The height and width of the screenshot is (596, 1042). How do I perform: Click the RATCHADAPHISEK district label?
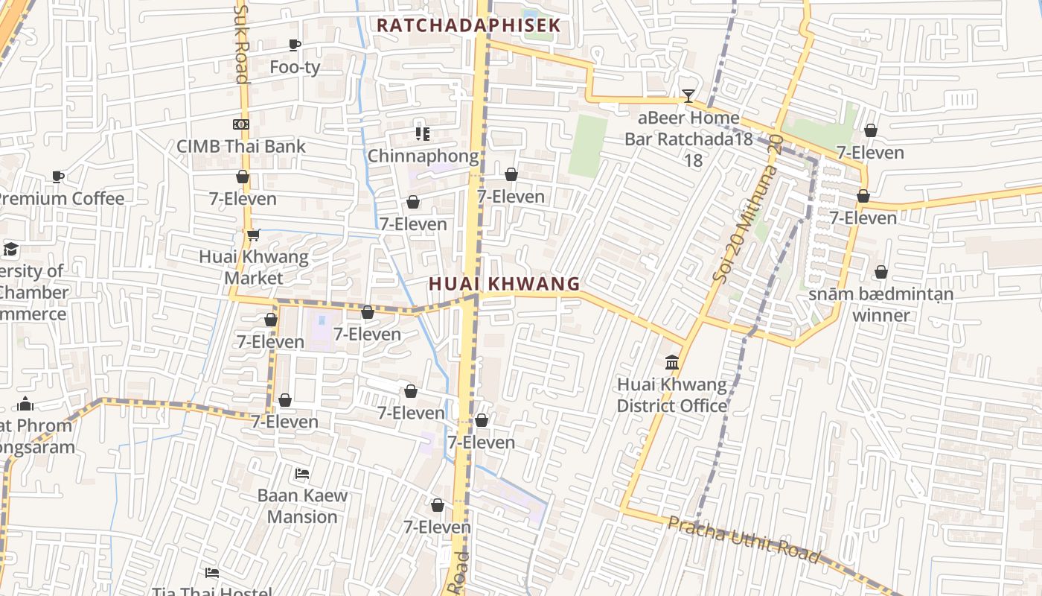(467, 25)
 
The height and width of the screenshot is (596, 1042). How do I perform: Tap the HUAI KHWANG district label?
(504, 284)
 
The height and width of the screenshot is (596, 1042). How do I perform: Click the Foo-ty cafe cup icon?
(295, 45)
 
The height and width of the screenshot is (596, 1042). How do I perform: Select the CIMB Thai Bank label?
(240, 146)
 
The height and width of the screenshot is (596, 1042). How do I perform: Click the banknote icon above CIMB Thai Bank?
(240, 124)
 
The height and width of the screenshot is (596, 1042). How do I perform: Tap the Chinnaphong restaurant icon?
(423, 134)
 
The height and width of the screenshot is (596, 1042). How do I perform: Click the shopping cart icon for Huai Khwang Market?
(253, 235)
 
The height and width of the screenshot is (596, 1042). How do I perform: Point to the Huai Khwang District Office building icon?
(672, 363)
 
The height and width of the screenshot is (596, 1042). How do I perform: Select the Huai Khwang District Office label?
(672, 396)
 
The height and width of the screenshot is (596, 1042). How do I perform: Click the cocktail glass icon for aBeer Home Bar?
(688, 96)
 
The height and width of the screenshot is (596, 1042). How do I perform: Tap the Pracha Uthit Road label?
(744, 539)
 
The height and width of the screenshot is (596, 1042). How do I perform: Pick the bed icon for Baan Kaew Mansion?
(302, 474)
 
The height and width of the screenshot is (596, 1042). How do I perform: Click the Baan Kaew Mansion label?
(302, 507)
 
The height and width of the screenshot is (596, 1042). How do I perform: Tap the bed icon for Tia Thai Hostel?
(212, 573)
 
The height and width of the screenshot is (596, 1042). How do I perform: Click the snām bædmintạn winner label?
(880, 305)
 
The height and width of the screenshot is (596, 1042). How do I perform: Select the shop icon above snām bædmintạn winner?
(881, 273)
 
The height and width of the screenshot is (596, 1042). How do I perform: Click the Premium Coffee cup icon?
(58, 177)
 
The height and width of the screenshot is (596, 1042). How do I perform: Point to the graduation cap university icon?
(10, 249)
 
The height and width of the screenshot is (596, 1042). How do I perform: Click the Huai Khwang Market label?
(253, 267)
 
